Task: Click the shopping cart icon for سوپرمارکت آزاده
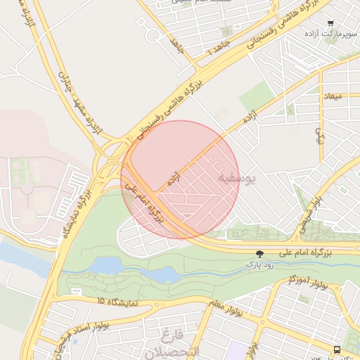coord(330,22)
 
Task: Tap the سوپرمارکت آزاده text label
coord(330,33)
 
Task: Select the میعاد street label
coord(332,95)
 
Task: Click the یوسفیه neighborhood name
coord(237,179)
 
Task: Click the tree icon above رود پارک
coord(260,254)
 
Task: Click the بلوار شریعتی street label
coord(312,207)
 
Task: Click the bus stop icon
coord(337,349)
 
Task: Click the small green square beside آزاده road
coord(255,96)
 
